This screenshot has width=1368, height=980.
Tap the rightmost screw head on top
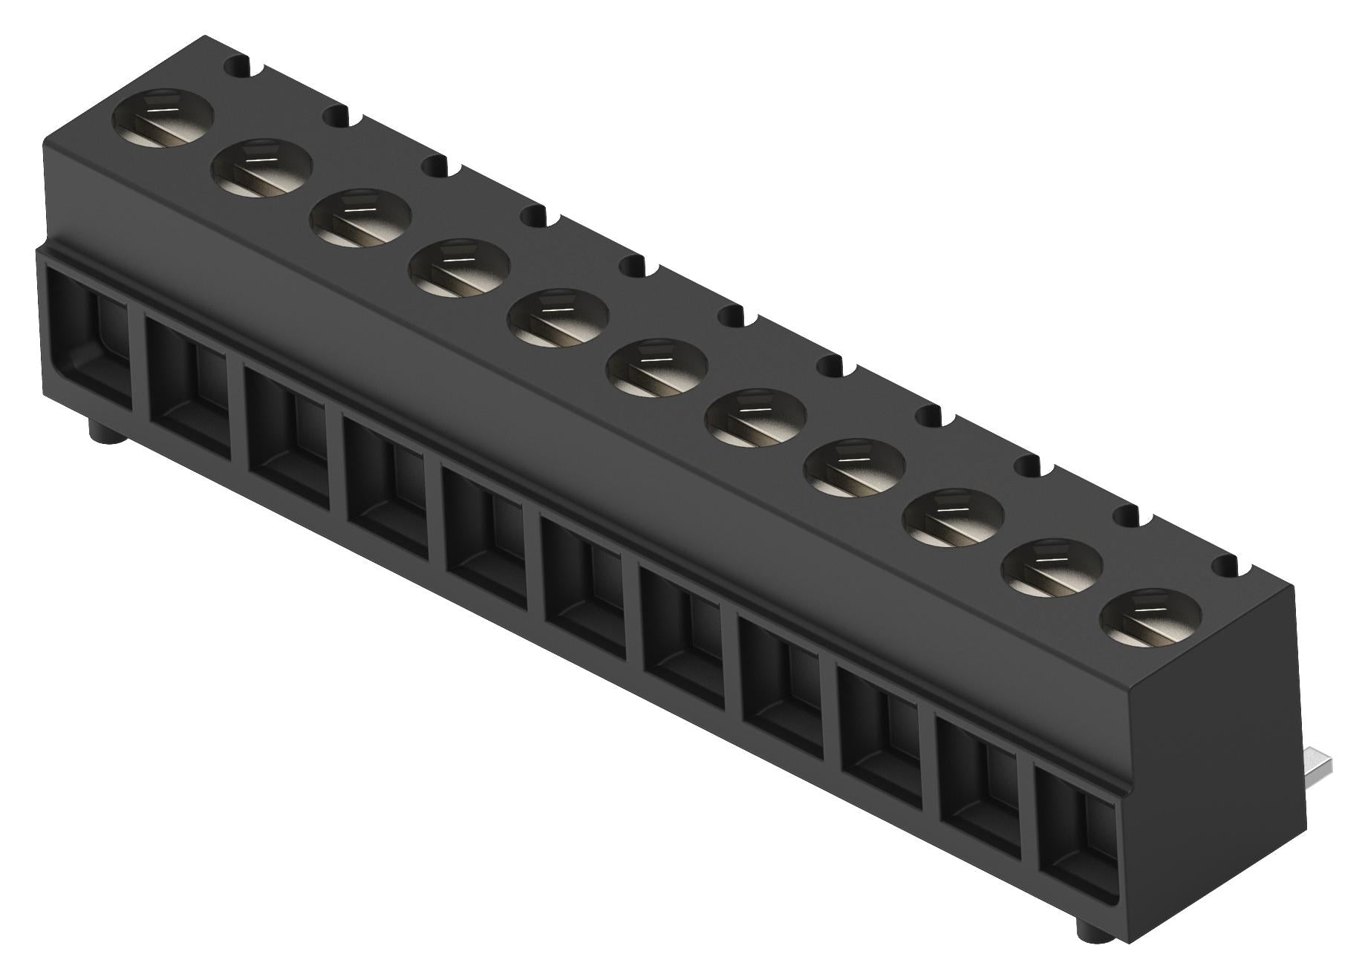(1151, 617)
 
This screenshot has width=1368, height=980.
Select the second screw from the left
(262, 169)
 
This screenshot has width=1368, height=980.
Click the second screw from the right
(1052, 567)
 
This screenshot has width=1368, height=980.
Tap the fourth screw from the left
(460, 268)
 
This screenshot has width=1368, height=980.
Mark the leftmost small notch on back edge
(244, 66)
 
